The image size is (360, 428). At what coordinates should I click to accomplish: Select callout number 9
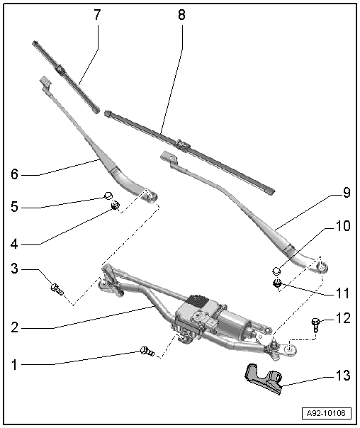346,192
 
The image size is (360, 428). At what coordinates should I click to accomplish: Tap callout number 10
342,227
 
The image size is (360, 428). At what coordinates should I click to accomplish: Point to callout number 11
343,291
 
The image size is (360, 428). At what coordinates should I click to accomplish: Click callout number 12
343,320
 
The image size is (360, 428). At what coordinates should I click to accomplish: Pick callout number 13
342,376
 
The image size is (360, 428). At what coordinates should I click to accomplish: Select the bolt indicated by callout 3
57,288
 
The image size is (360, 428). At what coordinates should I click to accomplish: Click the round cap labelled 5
108,196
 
